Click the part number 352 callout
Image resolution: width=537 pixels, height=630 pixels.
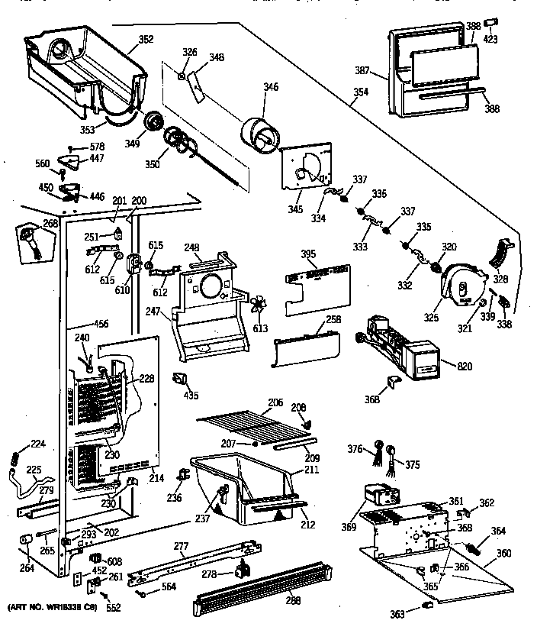pos(146,40)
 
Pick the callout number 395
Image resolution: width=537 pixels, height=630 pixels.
pos(307,254)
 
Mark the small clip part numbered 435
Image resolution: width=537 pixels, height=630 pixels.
pos(181,379)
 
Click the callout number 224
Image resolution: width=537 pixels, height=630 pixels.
pos(37,444)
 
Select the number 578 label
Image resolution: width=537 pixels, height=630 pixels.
pos(96,147)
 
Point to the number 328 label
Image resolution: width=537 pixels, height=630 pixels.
pos(500,279)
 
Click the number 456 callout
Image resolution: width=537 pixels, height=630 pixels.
pos(99,323)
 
